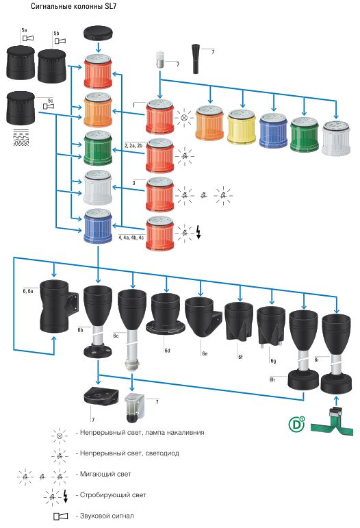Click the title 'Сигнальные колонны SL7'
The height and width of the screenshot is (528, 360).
click(74, 6)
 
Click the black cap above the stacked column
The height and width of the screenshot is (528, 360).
click(98, 34)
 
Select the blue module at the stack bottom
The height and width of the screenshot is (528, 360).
click(98, 226)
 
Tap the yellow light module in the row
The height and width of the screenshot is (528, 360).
click(242, 127)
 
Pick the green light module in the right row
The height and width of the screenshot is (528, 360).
click(304, 134)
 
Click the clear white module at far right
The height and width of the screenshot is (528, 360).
click(336, 138)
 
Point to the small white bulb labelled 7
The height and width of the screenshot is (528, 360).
click(160, 60)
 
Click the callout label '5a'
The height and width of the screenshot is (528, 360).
click(24, 30)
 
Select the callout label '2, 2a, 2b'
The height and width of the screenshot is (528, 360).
click(133, 146)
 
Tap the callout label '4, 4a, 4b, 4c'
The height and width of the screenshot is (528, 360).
click(131, 238)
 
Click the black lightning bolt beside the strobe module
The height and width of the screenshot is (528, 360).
click(198, 232)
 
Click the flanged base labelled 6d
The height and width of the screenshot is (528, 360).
click(166, 313)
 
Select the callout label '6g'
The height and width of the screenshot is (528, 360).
click(273, 361)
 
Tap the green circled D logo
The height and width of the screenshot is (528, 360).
click(296, 425)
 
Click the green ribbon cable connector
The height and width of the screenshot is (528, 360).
click(332, 420)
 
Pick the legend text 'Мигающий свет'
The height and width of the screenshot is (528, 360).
click(105, 474)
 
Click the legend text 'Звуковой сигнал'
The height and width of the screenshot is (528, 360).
click(107, 516)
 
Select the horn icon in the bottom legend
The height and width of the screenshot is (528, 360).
click(60, 516)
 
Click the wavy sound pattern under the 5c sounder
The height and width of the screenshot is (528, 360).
click(21, 138)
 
